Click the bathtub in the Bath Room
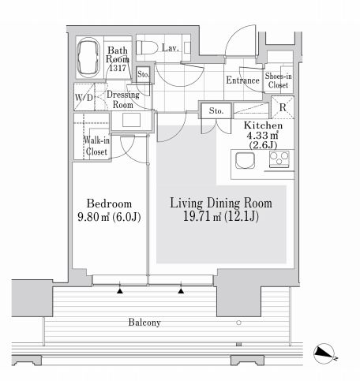click(88, 58)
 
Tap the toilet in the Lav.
click(147, 47)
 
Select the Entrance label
click(242, 80)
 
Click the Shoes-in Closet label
click(279, 80)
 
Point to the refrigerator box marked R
click(283, 107)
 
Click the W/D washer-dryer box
click(84, 97)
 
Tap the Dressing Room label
click(123, 99)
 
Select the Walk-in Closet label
click(96, 146)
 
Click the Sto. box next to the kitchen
click(216, 110)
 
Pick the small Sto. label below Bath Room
click(143, 74)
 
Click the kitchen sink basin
click(245, 160)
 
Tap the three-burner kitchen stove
click(279, 159)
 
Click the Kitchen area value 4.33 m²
click(262, 136)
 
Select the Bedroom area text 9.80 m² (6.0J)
click(109, 217)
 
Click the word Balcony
click(144, 323)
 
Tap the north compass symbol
click(324, 353)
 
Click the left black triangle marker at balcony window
click(120, 291)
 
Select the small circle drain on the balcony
click(238, 323)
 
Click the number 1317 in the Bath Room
click(118, 68)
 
